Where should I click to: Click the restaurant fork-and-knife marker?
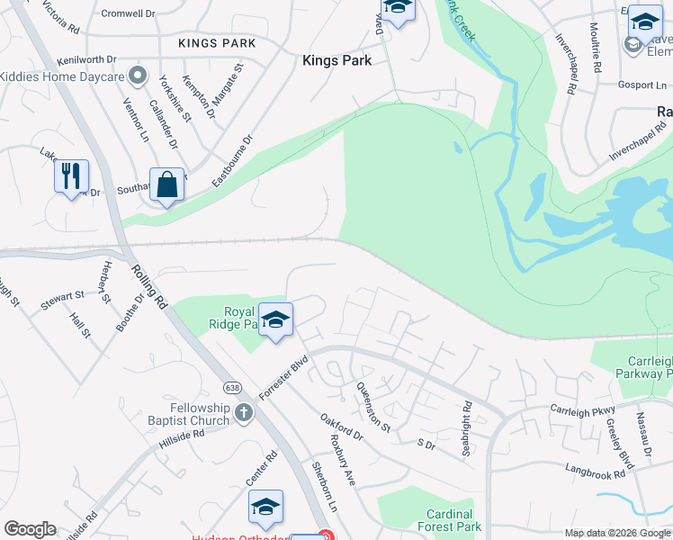point(72,174)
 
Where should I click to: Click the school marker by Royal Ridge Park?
point(277,319)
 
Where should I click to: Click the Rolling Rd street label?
point(148,286)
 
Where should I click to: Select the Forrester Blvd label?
point(283,376)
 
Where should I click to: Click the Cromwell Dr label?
point(129,13)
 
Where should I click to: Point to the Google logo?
point(30,529)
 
